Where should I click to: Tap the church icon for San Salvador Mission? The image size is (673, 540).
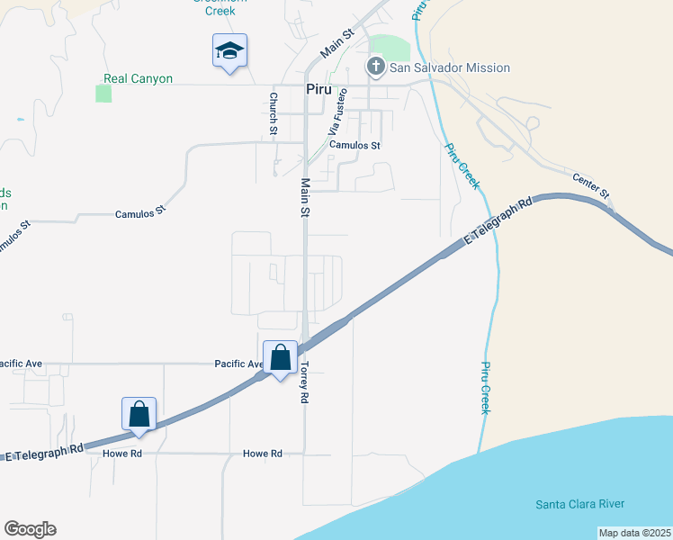[x=375, y=67]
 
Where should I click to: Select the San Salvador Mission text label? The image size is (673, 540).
[x=449, y=67]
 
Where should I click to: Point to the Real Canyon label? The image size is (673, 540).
[x=138, y=78]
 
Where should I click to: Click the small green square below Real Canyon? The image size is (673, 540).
[x=103, y=94]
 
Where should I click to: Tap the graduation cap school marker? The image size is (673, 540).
[x=229, y=51]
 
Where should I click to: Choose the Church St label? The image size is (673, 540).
[x=273, y=113]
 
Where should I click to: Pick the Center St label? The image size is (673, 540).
[x=591, y=187]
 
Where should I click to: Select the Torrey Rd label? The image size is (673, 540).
[x=305, y=382]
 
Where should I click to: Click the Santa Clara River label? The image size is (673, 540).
[x=579, y=504]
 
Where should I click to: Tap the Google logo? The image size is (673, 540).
[x=30, y=529]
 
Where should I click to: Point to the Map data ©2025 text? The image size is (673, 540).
[x=634, y=533]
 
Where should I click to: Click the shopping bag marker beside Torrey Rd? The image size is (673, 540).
[x=280, y=358]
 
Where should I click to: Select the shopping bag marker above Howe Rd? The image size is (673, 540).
[x=139, y=414]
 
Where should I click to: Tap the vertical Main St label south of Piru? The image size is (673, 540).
[x=305, y=198]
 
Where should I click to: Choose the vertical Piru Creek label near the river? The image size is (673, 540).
[x=486, y=388]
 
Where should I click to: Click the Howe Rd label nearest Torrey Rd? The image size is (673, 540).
[x=263, y=454]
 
